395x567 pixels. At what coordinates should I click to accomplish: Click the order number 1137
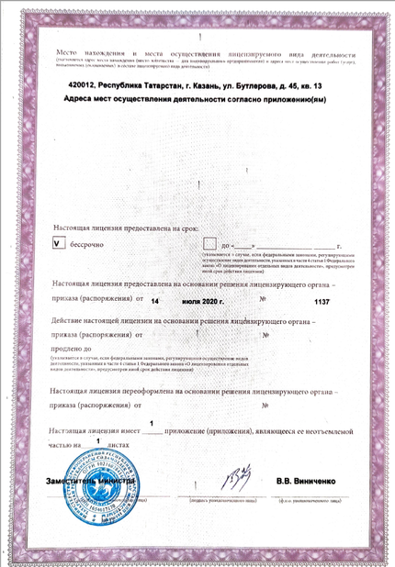pos(322,300)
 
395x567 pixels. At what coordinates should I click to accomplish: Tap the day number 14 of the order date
pos(155,300)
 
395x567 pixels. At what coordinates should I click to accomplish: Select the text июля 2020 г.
pos(204,300)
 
